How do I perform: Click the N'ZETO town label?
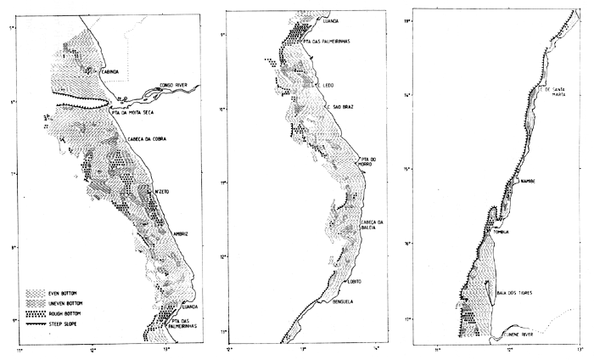click(x=162, y=191)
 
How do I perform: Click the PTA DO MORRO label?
click(x=367, y=162)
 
